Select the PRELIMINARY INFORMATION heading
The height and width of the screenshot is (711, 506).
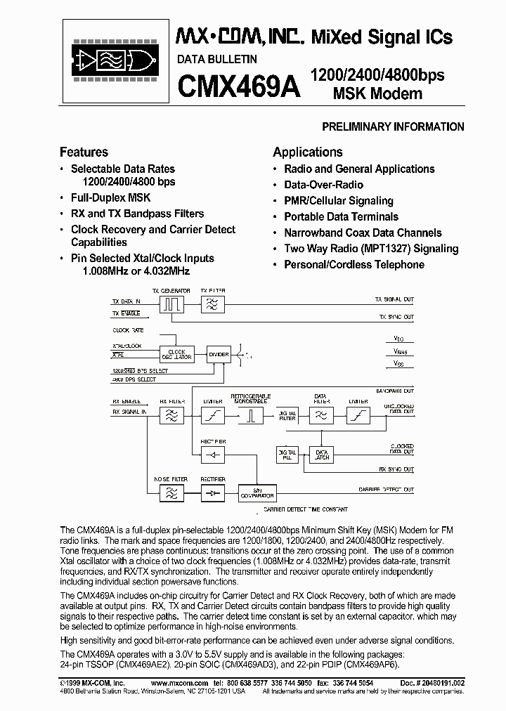point(392,127)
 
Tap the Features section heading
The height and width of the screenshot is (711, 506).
point(84,152)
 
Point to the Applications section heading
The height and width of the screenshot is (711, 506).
point(307,152)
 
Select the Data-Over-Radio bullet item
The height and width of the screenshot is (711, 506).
point(323,185)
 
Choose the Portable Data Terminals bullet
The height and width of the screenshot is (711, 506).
point(341,217)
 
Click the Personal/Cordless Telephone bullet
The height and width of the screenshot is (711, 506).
point(353,265)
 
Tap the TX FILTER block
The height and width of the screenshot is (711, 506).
point(212,304)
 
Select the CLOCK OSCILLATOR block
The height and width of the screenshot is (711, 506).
point(176,354)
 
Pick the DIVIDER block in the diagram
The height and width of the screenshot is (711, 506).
point(219,355)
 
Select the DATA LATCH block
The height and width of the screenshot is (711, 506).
point(322,454)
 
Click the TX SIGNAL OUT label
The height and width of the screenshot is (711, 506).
point(394,299)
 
